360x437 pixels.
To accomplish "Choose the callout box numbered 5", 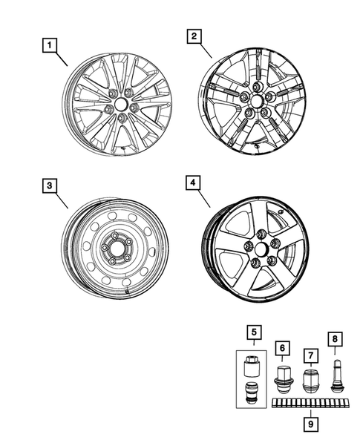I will click(x=252, y=332).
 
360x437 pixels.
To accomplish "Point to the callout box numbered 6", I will click(x=282, y=346).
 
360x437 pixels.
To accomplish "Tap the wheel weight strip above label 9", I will click(x=310, y=404).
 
